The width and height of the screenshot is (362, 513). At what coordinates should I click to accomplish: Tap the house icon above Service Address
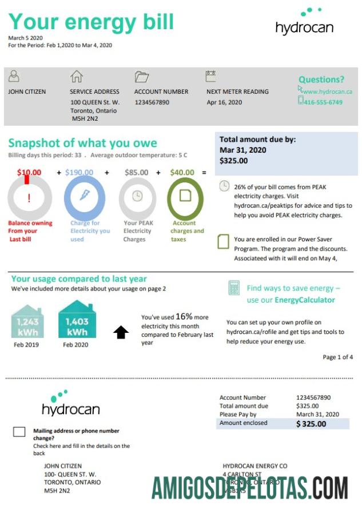[x=76, y=77]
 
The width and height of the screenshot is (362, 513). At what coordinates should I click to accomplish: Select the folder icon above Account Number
[x=141, y=77]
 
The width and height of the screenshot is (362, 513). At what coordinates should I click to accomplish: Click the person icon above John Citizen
[x=14, y=76]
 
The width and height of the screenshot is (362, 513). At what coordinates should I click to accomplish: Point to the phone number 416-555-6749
[x=324, y=102]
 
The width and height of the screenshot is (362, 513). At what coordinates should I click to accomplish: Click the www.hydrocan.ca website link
[x=327, y=92]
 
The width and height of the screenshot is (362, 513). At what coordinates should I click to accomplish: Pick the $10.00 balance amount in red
[x=29, y=172]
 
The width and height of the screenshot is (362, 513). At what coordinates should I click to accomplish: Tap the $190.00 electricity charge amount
[x=79, y=172]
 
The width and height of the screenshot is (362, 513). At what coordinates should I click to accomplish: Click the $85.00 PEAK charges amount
[x=136, y=172]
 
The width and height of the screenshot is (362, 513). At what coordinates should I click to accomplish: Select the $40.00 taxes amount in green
[x=182, y=172]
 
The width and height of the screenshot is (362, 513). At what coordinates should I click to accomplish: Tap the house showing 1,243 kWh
[x=28, y=320]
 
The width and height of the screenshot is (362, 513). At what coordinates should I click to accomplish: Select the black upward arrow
[x=121, y=332]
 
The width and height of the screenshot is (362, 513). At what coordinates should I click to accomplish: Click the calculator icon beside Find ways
[x=234, y=287]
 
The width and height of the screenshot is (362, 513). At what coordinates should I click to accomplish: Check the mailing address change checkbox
[x=19, y=432]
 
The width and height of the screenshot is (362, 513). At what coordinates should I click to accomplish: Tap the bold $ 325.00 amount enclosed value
[x=311, y=424]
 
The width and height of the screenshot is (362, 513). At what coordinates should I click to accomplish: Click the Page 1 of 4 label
[x=337, y=357]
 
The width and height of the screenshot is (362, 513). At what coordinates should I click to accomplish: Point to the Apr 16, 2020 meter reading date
[x=224, y=102]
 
